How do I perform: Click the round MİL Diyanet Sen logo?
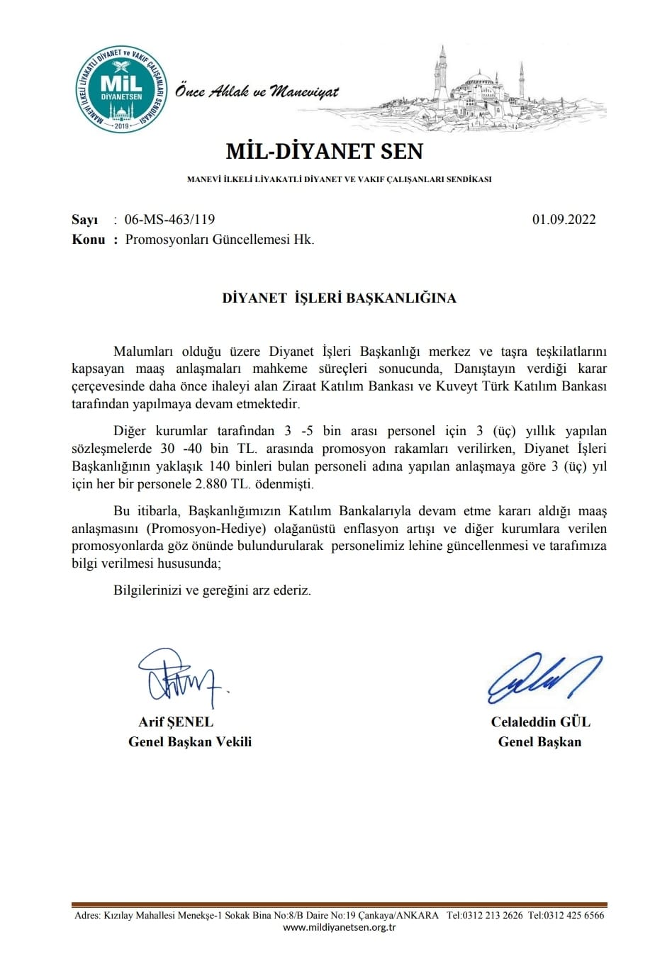pos(122,89)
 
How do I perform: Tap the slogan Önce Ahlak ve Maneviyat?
pos(257,91)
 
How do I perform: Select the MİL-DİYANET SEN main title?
pos(324,151)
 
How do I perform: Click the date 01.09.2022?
pos(564,220)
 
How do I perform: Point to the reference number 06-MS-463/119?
pos(169,220)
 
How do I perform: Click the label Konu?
pos(89,239)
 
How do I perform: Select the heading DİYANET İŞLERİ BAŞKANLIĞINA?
pos(339,298)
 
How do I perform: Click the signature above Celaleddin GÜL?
pos(543,677)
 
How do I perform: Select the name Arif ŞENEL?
pos(176,722)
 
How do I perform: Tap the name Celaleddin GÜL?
pos(540,722)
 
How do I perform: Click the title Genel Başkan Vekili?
pos(190,742)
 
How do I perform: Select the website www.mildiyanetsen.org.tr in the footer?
pos(339,928)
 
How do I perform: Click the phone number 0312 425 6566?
pos(573,915)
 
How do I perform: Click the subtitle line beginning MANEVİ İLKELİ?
pos(339,179)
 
